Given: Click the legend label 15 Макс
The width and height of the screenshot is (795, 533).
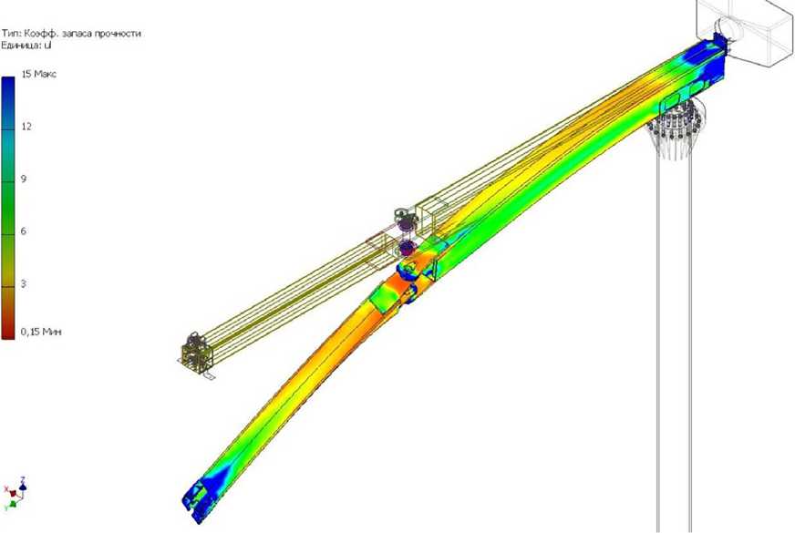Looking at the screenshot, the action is pos(39,74).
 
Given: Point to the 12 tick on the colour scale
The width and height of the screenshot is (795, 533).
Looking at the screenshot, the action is pos(26,126).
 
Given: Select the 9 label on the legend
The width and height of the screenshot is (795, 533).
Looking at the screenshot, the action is pos(24,179).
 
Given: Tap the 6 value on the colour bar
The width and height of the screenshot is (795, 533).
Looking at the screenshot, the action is pos(24,231).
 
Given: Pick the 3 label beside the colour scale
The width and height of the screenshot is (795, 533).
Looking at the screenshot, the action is pos(24,283).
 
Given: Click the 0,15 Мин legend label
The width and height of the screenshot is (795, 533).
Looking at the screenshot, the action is pos(41,332).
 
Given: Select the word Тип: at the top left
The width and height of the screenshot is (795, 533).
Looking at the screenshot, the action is pos(11,34).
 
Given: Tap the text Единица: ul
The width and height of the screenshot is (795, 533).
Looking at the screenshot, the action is pos(26,45).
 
